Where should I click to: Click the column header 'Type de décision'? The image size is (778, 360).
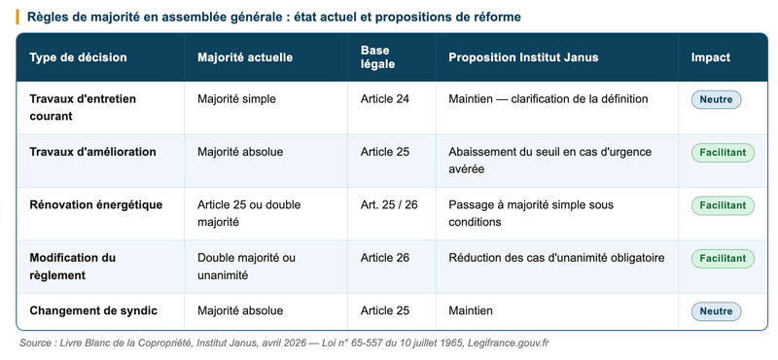tap(78, 57)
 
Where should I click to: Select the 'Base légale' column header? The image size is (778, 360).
tap(375, 57)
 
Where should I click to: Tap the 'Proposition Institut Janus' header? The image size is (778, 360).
tap(523, 57)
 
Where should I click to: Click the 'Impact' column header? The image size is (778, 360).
tap(710, 57)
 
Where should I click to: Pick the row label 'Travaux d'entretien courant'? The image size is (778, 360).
tap(83, 107)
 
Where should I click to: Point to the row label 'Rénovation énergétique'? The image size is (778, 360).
tap(96, 205)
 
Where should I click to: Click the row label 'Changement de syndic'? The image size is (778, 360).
tap(93, 310)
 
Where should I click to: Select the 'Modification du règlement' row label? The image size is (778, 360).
tap(73, 267)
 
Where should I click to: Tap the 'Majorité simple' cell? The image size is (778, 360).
tap(236, 99)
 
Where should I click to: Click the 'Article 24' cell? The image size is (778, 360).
tap(384, 99)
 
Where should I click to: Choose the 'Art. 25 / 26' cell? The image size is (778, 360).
tap(388, 205)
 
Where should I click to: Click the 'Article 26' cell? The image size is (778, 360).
tap(384, 258)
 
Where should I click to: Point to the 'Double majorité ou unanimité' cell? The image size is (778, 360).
tap(246, 267)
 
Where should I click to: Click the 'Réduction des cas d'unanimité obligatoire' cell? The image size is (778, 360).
tap(556, 258)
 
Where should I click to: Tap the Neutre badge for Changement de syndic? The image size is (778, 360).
tap(716, 311)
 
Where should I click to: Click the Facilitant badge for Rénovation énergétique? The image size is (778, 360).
tap(723, 205)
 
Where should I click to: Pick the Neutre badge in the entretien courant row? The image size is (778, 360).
tap(716, 99)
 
